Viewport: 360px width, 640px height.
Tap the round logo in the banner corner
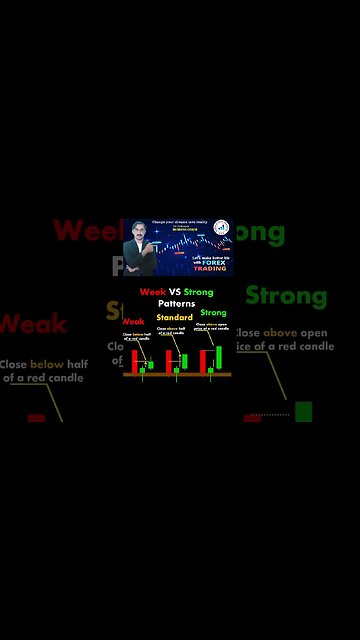tap(221, 227)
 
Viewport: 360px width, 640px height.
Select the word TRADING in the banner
tap(209, 269)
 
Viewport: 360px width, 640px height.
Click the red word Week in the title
tap(152, 292)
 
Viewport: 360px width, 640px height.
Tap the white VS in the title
tap(175, 292)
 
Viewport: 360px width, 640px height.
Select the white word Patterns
tap(177, 303)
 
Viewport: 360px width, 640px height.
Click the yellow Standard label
tap(174, 317)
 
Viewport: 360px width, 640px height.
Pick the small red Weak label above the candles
tap(134, 321)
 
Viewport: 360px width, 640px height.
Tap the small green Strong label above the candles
tap(213, 312)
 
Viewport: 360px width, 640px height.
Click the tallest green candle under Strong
tap(218, 357)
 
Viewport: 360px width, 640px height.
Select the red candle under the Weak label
tap(133, 359)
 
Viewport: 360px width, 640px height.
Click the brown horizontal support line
tap(177, 374)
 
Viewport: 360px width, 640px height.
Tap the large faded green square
tap(303, 411)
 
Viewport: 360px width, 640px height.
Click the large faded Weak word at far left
tap(32, 323)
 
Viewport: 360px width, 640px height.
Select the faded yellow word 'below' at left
tap(46, 365)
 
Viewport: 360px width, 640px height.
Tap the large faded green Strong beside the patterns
tap(286, 296)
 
